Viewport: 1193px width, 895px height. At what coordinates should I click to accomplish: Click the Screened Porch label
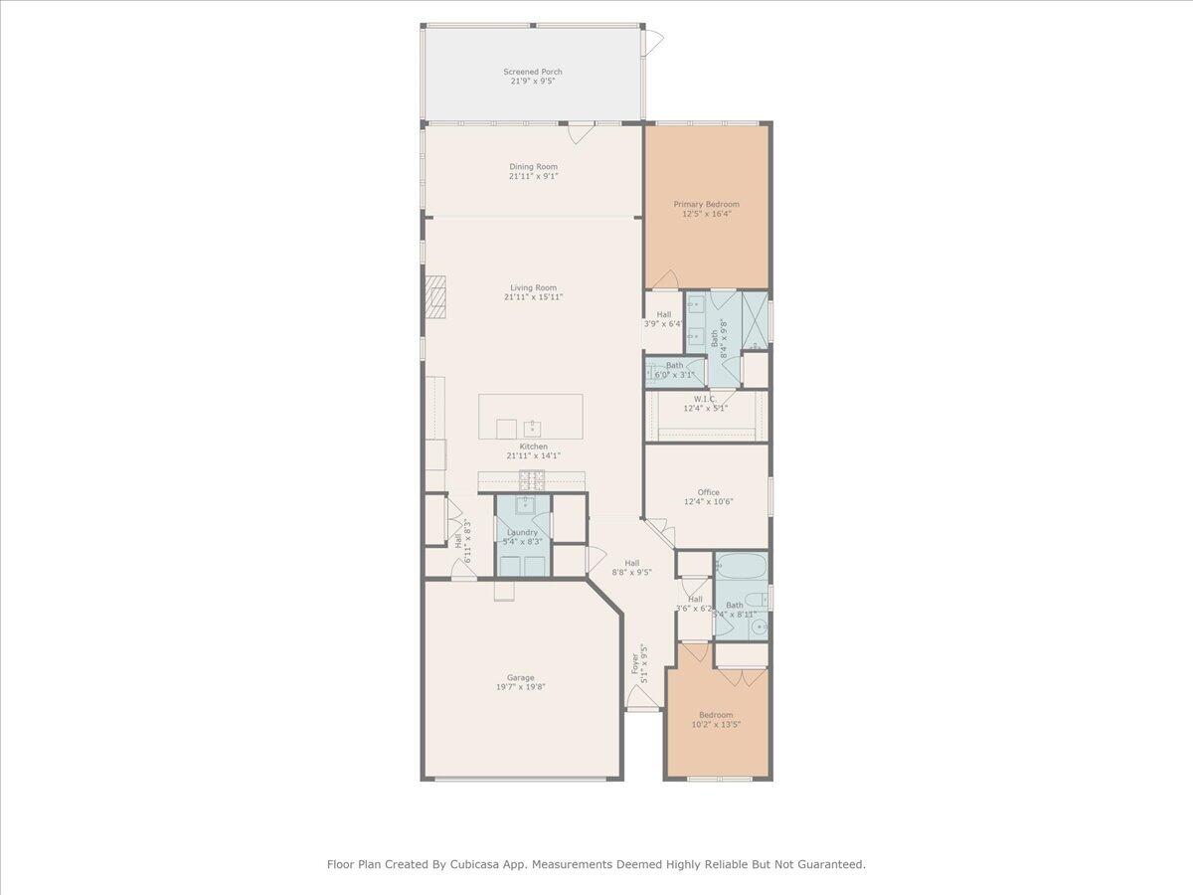point(532,72)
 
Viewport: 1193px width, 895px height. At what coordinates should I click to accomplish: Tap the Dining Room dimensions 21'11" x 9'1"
point(533,176)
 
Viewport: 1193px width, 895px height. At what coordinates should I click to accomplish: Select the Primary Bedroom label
point(706,204)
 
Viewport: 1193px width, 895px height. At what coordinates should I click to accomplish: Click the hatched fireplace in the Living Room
point(434,296)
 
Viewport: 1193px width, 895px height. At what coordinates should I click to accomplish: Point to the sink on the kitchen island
point(532,428)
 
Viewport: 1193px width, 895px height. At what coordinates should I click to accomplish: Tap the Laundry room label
point(523,532)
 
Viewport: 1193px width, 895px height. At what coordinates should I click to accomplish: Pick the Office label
point(708,492)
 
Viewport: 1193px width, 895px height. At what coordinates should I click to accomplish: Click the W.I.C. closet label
point(705,399)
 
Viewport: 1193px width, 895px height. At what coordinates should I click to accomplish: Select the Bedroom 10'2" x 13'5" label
point(715,714)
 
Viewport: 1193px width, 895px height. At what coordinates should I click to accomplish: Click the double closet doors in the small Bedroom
point(742,676)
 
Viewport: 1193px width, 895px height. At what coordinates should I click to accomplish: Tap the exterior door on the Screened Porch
point(652,42)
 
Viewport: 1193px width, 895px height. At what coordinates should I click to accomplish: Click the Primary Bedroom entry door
point(664,281)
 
